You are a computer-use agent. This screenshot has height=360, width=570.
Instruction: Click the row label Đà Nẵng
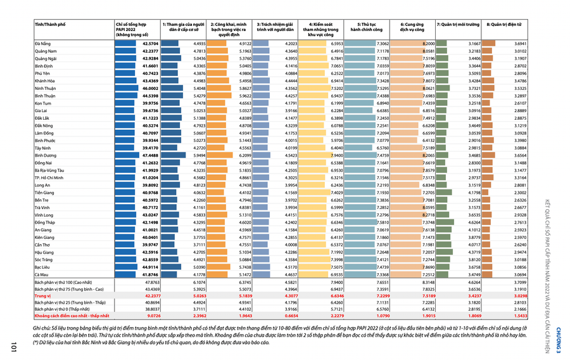point(42,44)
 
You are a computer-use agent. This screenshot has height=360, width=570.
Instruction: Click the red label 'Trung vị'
point(42,295)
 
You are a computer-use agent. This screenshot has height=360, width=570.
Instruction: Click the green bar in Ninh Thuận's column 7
point(443,88)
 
